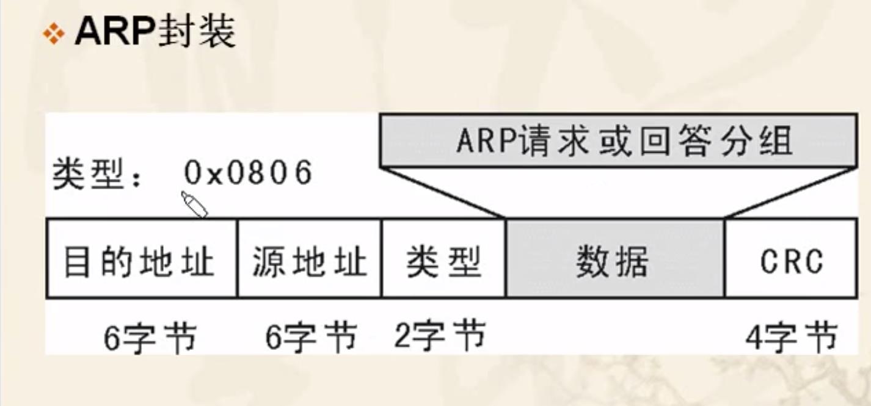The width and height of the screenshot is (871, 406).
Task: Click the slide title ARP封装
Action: (155, 32)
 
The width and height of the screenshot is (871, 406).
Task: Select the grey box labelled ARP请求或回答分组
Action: (617, 140)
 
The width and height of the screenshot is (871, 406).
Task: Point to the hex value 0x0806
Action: (248, 173)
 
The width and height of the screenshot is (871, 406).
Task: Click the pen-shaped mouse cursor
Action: (194, 204)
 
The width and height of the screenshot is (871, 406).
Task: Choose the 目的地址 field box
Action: (141, 259)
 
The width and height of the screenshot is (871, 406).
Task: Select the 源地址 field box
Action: (309, 259)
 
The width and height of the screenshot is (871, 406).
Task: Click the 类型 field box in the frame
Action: (443, 259)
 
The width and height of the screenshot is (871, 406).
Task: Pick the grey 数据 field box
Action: (614, 259)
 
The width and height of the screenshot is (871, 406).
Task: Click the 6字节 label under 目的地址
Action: (150, 338)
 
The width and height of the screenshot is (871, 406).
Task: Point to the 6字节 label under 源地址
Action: (311, 338)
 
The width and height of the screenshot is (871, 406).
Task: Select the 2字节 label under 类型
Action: (440, 336)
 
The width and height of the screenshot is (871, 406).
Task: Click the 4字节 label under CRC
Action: (792, 338)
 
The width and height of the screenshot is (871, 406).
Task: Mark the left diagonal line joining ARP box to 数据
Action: (443, 192)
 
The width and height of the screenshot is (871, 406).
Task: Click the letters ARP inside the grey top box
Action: (478, 141)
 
